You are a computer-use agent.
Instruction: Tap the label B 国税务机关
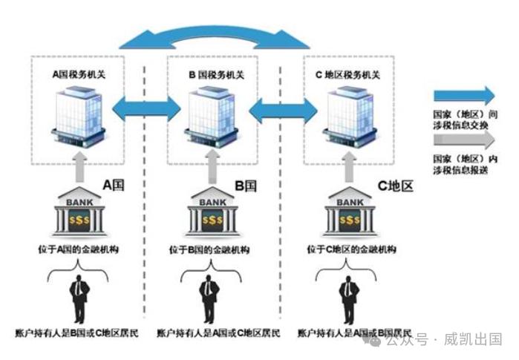pyautogui.click(x=215, y=74)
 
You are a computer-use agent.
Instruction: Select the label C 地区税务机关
pyautogui.click(x=347, y=74)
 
